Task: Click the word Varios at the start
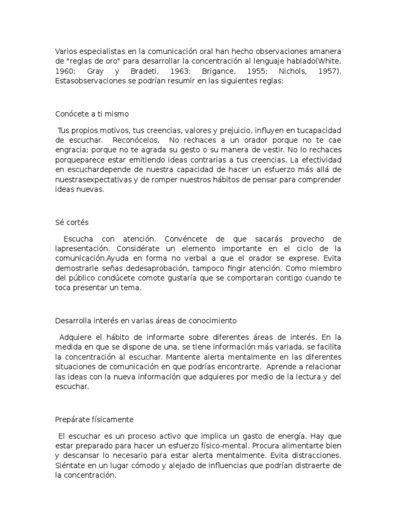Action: (65, 52)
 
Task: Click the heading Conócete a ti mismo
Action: (92, 114)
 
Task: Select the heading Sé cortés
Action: (72, 222)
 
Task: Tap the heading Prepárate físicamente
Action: (95, 419)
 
